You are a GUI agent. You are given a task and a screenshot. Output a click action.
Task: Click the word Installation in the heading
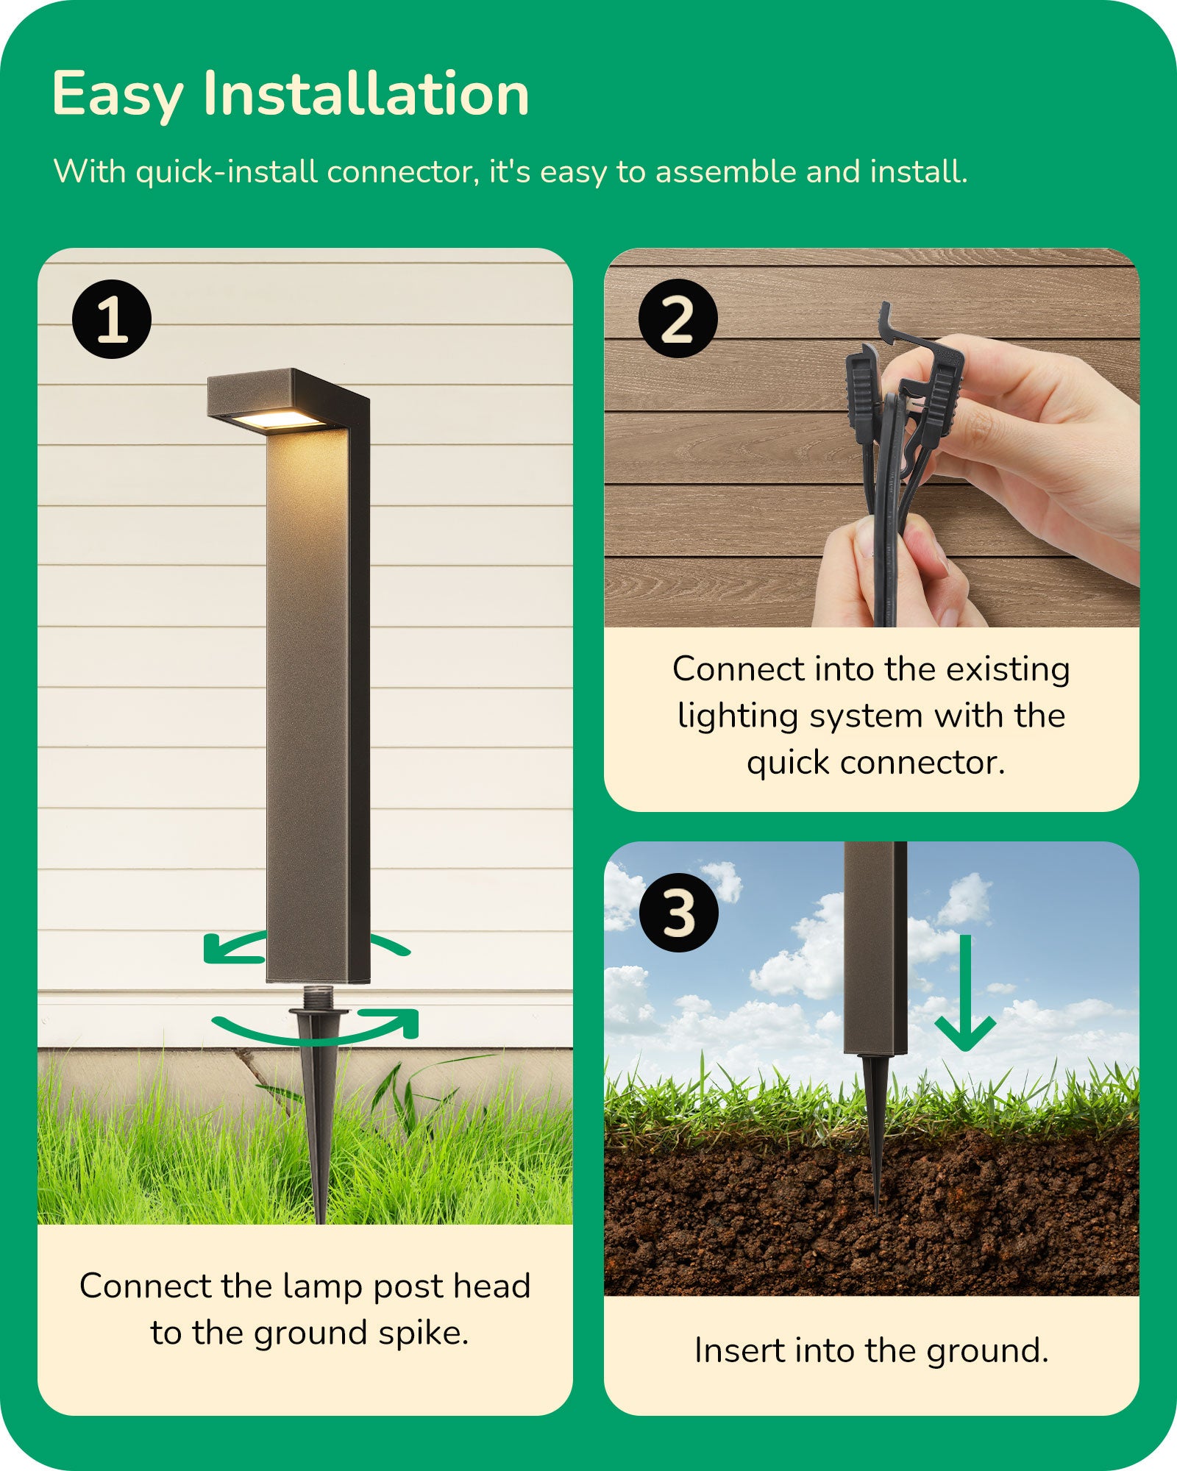click(366, 94)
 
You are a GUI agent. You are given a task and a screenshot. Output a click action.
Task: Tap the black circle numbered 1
click(112, 319)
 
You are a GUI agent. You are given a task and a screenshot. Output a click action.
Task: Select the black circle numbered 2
click(678, 318)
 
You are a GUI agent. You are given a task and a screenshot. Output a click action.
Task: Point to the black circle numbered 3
click(678, 913)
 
